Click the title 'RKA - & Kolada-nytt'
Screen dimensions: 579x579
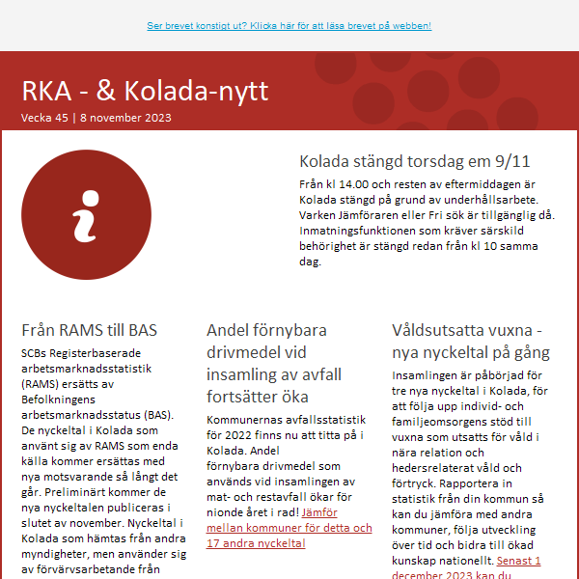tap(145, 91)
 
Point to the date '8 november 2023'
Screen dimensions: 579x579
tap(125, 118)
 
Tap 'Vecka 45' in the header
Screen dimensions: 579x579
tap(44, 118)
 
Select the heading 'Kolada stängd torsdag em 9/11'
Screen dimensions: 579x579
tap(414, 161)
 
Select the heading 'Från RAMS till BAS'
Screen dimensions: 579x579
tap(89, 330)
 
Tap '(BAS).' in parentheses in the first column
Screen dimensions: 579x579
tap(153, 415)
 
